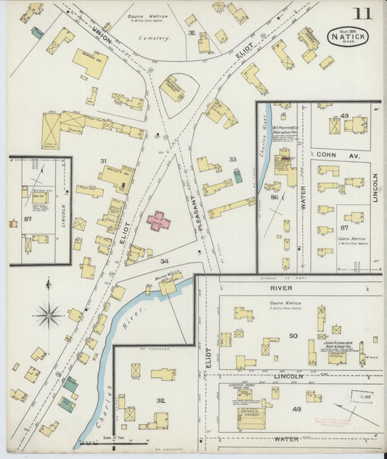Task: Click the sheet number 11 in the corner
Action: coord(363,14)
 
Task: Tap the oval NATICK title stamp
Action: coord(347,36)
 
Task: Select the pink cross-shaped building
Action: coord(158,221)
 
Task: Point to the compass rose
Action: coord(48,314)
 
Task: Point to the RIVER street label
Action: coord(291,288)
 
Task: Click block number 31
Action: coord(103,161)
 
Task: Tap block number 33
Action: coord(232,159)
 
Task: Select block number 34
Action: coord(165,260)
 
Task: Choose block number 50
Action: coord(293,336)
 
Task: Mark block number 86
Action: coord(274,197)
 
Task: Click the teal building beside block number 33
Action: coord(237,176)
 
